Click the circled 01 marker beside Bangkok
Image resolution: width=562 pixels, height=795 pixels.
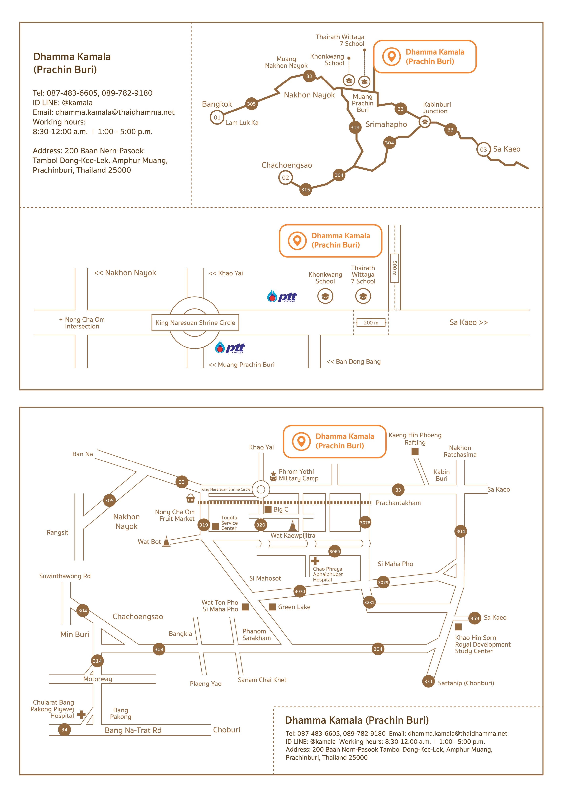click(217, 117)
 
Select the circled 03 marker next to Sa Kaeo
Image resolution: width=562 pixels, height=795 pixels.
click(483, 150)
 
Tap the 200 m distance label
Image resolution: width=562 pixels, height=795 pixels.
click(371, 322)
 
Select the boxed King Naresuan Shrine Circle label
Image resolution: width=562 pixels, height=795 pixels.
click(195, 322)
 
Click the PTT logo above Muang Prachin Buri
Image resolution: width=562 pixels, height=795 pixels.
click(230, 347)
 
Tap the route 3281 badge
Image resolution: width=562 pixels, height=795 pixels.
click(369, 602)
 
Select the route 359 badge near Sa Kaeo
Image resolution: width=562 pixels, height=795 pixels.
click(475, 618)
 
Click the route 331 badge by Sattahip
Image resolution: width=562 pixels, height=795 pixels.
click(429, 682)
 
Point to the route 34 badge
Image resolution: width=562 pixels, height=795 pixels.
click(64, 730)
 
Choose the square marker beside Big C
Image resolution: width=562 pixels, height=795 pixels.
click(268, 509)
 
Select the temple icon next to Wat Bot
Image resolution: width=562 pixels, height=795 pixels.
click(166, 541)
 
